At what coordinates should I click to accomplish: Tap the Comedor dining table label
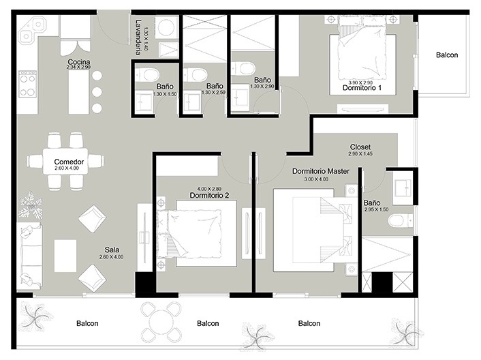[x=69, y=162]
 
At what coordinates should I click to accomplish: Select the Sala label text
[x=112, y=250]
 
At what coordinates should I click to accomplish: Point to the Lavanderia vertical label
[x=139, y=37]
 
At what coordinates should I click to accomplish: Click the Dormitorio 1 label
[x=362, y=88]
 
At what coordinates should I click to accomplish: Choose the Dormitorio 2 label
[x=209, y=195]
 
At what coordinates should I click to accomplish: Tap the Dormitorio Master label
[x=321, y=171]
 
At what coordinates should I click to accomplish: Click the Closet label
[x=360, y=147]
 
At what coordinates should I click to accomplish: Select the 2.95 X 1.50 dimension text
[x=376, y=209]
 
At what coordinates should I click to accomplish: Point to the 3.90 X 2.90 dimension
[x=360, y=82]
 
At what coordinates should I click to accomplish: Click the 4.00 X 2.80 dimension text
[x=209, y=189]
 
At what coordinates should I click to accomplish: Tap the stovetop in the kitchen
[x=27, y=83]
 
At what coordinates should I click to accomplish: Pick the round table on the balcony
[x=161, y=323]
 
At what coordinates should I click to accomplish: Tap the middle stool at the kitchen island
[x=97, y=91]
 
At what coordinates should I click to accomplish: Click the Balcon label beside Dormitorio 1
[x=447, y=55]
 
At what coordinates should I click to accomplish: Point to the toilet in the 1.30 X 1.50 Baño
[x=147, y=74]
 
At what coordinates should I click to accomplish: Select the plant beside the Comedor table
[x=31, y=204]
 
